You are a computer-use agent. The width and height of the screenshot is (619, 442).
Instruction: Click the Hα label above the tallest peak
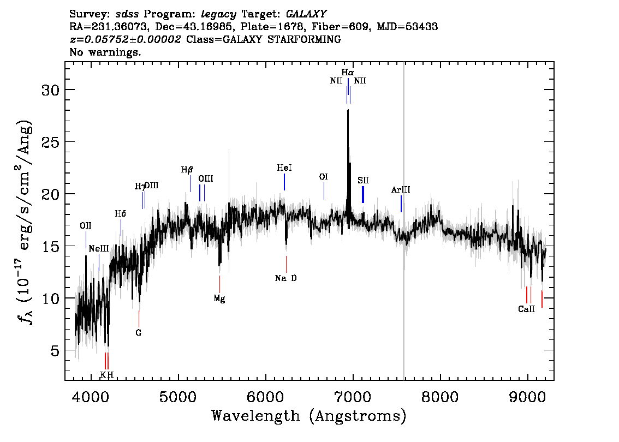[x=348, y=72]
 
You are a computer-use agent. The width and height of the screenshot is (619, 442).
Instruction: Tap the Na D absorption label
[x=286, y=278]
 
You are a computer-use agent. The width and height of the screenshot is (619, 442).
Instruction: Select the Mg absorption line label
[x=219, y=298]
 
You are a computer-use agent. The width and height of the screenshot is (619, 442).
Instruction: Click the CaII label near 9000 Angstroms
[x=526, y=309]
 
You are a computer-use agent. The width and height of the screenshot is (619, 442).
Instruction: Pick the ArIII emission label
[x=401, y=190]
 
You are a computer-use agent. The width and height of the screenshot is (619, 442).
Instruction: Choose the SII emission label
[x=364, y=180]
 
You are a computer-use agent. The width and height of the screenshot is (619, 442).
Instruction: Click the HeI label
[x=284, y=168]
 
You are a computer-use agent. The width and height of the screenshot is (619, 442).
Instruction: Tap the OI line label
[x=324, y=177]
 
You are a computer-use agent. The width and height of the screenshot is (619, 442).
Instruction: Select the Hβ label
[x=187, y=170]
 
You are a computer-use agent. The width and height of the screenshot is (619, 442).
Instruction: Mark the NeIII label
[x=99, y=249]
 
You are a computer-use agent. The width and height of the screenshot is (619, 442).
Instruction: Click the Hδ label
[x=121, y=213]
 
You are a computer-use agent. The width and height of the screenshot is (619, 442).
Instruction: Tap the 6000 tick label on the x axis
[x=266, y=396]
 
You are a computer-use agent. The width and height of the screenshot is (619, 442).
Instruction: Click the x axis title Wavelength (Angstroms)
[x=309, y=416]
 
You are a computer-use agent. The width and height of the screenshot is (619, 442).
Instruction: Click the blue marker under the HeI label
[x=284, y=182]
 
